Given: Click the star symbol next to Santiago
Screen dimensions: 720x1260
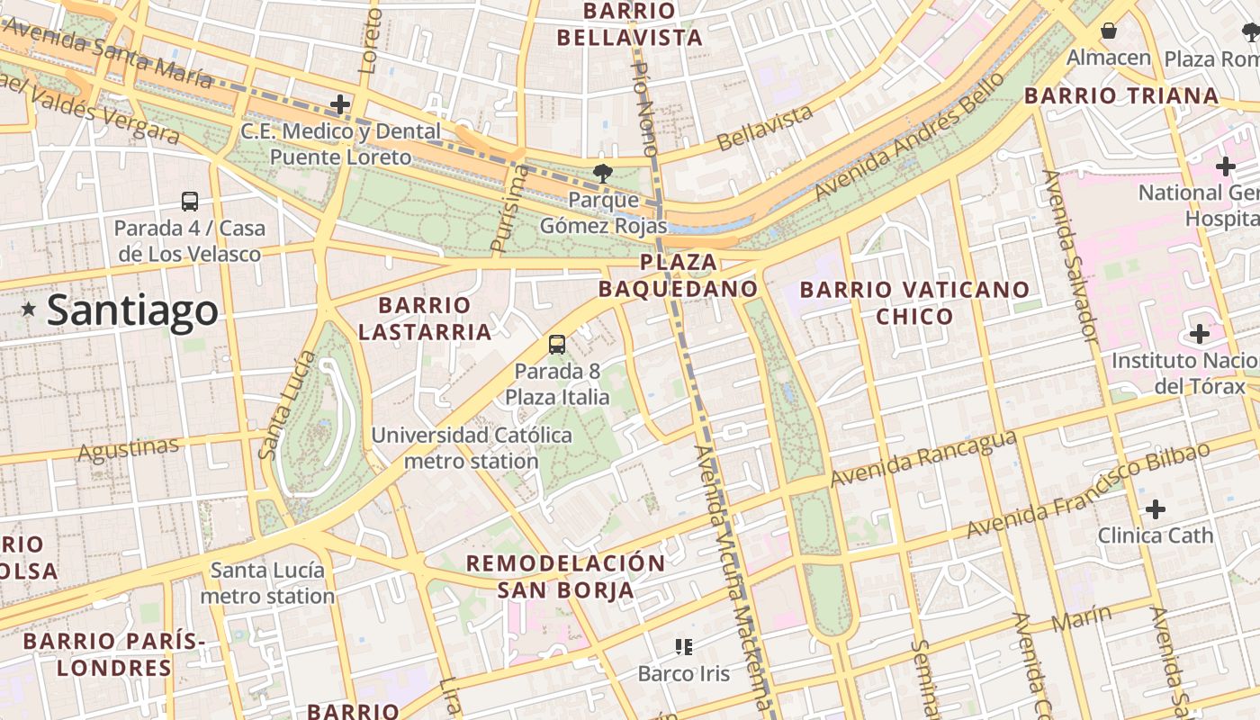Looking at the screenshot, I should pyautogui.click(x=29, y=310).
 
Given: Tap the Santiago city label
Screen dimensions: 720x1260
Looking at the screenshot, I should pyautogui.click(x=131, y=310).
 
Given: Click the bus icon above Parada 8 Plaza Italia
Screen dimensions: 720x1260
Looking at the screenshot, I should pyautogui.click(x=557, y=344).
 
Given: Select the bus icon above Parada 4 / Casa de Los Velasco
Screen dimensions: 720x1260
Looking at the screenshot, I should pyautogui.click(x=190, y=202).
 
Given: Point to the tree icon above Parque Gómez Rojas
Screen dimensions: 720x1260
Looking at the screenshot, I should pyautogui.click(x=601, y=173).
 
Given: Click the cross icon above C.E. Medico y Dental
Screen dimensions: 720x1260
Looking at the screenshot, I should pyautogui.click(x=340, y=104).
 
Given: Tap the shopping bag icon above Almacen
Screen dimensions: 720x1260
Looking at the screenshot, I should pyautogui.click(x=1109, y=31).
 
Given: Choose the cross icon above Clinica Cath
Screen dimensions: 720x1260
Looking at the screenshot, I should pyautogui.click(x=1156, y=509).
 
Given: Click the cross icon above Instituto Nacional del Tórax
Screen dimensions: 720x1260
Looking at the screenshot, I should pyautogui.click(x=1199, y=335).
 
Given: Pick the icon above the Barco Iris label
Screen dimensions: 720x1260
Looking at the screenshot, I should pyautogui.click(x=683, y=646).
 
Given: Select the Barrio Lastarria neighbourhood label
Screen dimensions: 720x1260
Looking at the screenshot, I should pyautogui.click(x=425, y=319).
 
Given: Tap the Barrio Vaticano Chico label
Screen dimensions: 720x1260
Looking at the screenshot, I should pyautogui.click(x=914, y=303).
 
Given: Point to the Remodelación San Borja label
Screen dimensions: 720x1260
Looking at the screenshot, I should pyautogui.click(x=565, y=576).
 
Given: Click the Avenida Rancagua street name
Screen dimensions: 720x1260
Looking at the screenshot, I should pyautogui.click(x=923, y=458).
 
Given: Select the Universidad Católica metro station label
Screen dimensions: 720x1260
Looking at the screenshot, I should pyautogui.click(x=472, y=448).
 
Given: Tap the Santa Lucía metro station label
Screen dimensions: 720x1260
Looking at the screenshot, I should pyautogui.click(x=267, y=582).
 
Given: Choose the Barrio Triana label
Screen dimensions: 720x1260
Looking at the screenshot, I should pyautogui.click(x=1121, y=95).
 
